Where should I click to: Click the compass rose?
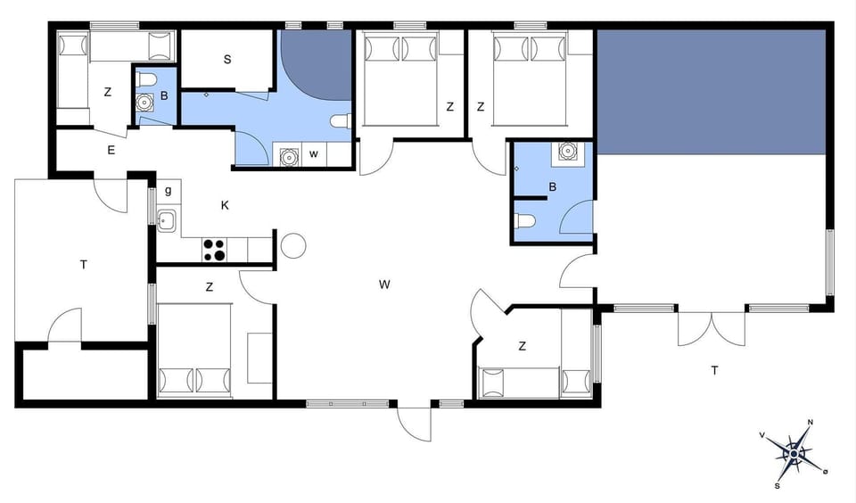[793, 453]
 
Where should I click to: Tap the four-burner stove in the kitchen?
[214, 250]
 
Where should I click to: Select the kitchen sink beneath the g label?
[166, 219]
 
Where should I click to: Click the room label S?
[227, 60]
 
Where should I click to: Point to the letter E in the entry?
[111, 150]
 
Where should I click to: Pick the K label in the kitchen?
[226, 205]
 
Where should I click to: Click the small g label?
[168, 190]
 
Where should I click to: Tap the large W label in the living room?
[384, 284]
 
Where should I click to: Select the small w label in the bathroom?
[314, 154]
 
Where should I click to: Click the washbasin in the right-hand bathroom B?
[568, 152]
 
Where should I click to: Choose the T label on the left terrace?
[84, 264]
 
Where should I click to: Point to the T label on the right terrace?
[713, 369]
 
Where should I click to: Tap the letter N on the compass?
[810, 423]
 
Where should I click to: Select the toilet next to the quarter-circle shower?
[341, 121]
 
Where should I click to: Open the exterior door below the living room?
[415, 422]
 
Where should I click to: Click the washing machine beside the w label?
[289, 156]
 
